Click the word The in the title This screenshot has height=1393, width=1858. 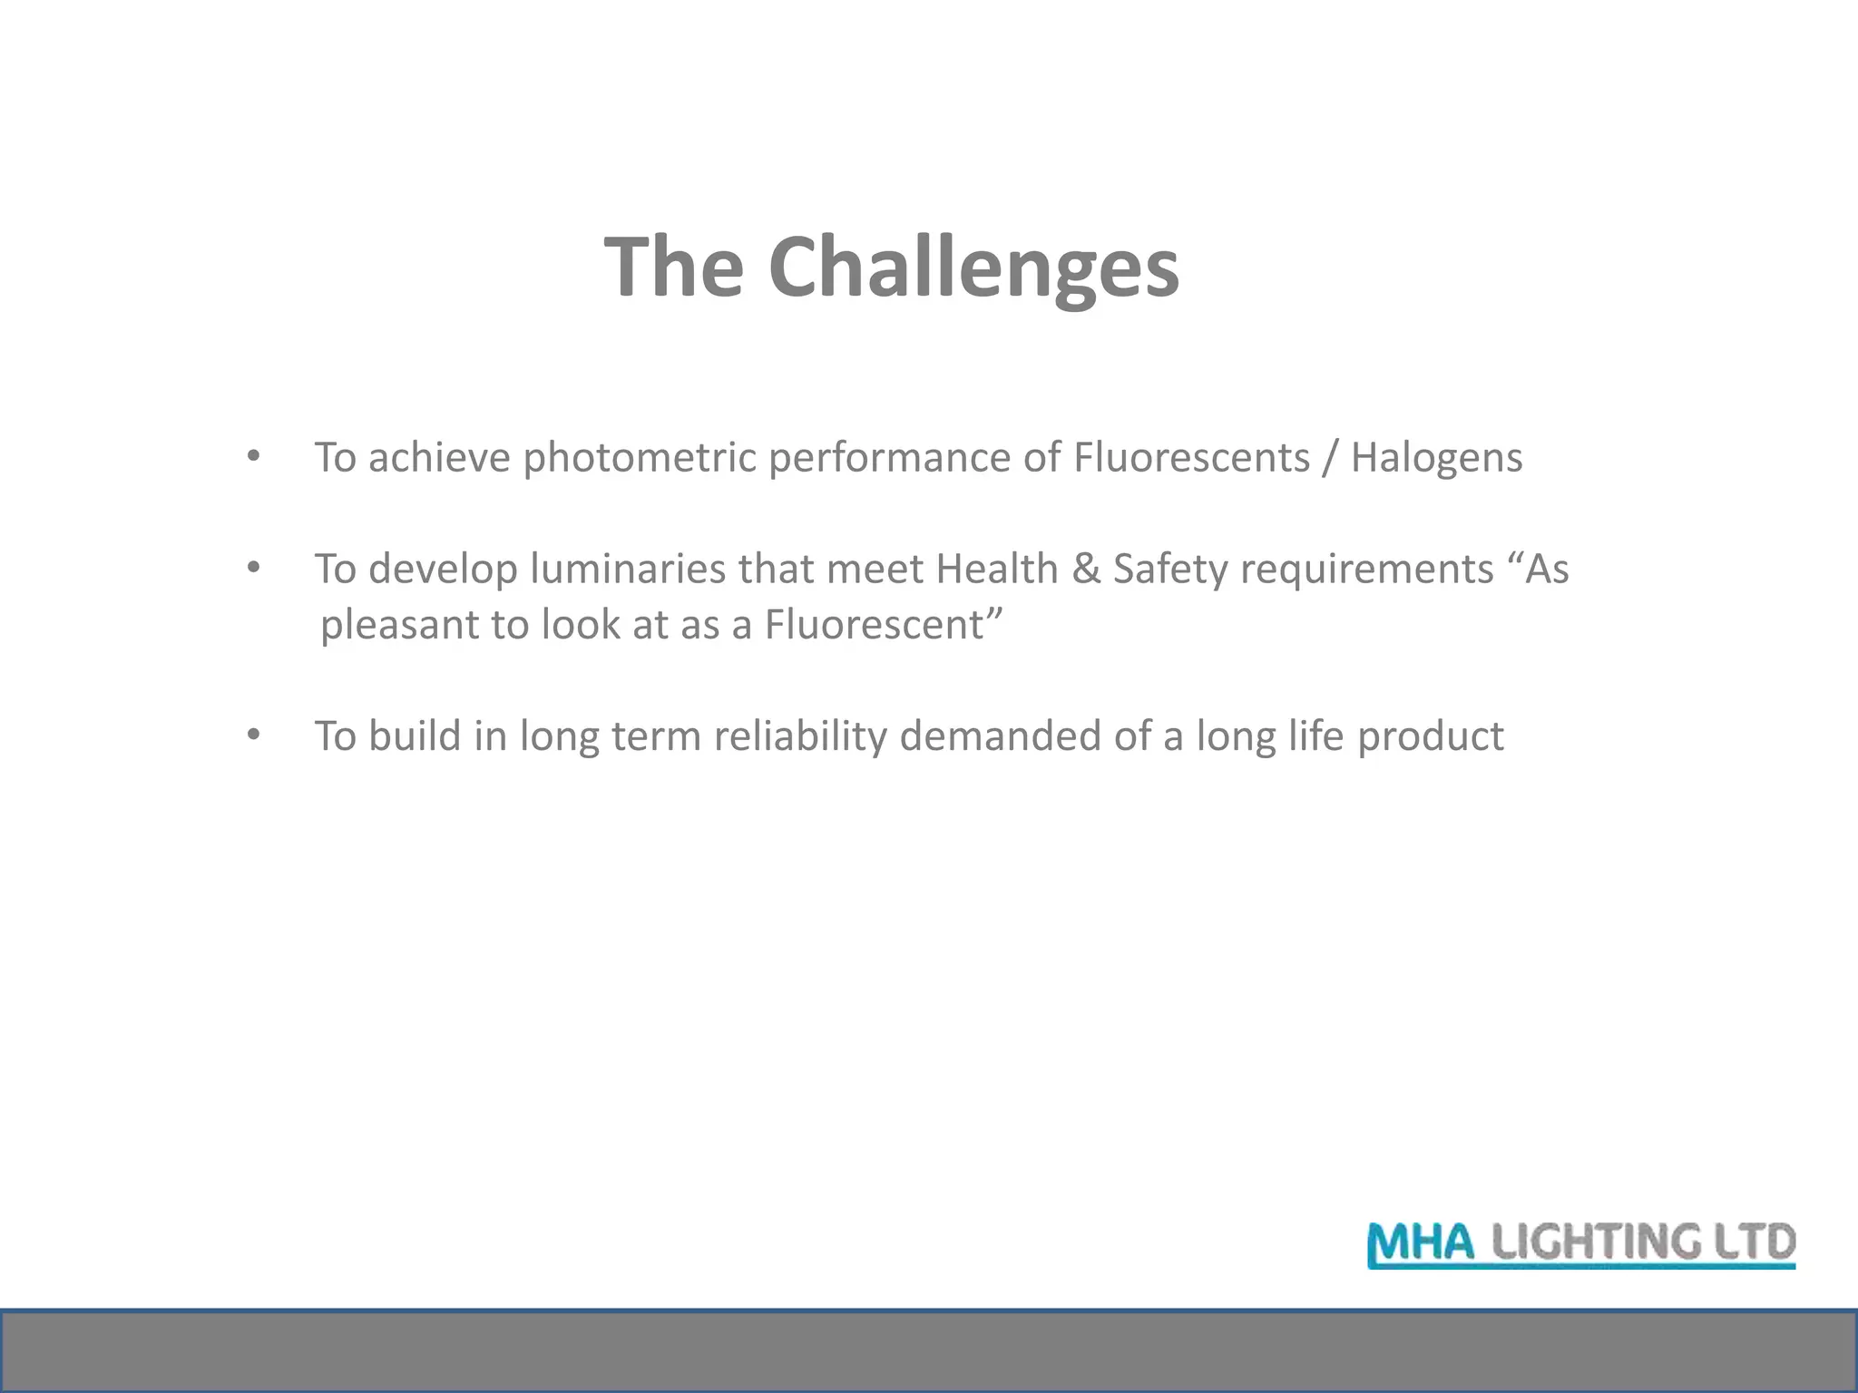(x=674, y=268)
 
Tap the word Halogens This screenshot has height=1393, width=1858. (x=1436, y=458)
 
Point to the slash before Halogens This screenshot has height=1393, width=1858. (x=1330, y=458)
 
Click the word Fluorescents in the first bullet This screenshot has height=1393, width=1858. (x=1191, y=458)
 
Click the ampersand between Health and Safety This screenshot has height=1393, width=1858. (x=1085, y=570)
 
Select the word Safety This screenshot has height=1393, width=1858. (x=1170, y=570)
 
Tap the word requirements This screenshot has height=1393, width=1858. (x=1366, y=570)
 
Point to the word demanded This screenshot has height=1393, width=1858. (x=1001, y=735)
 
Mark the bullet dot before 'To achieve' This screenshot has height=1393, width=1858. (x=253, y=456)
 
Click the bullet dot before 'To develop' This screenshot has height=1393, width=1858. (x=253, y=569)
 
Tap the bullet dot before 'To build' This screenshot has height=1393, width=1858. (x=253, y=735)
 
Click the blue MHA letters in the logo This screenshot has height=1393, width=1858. (x=1422, y=1243)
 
